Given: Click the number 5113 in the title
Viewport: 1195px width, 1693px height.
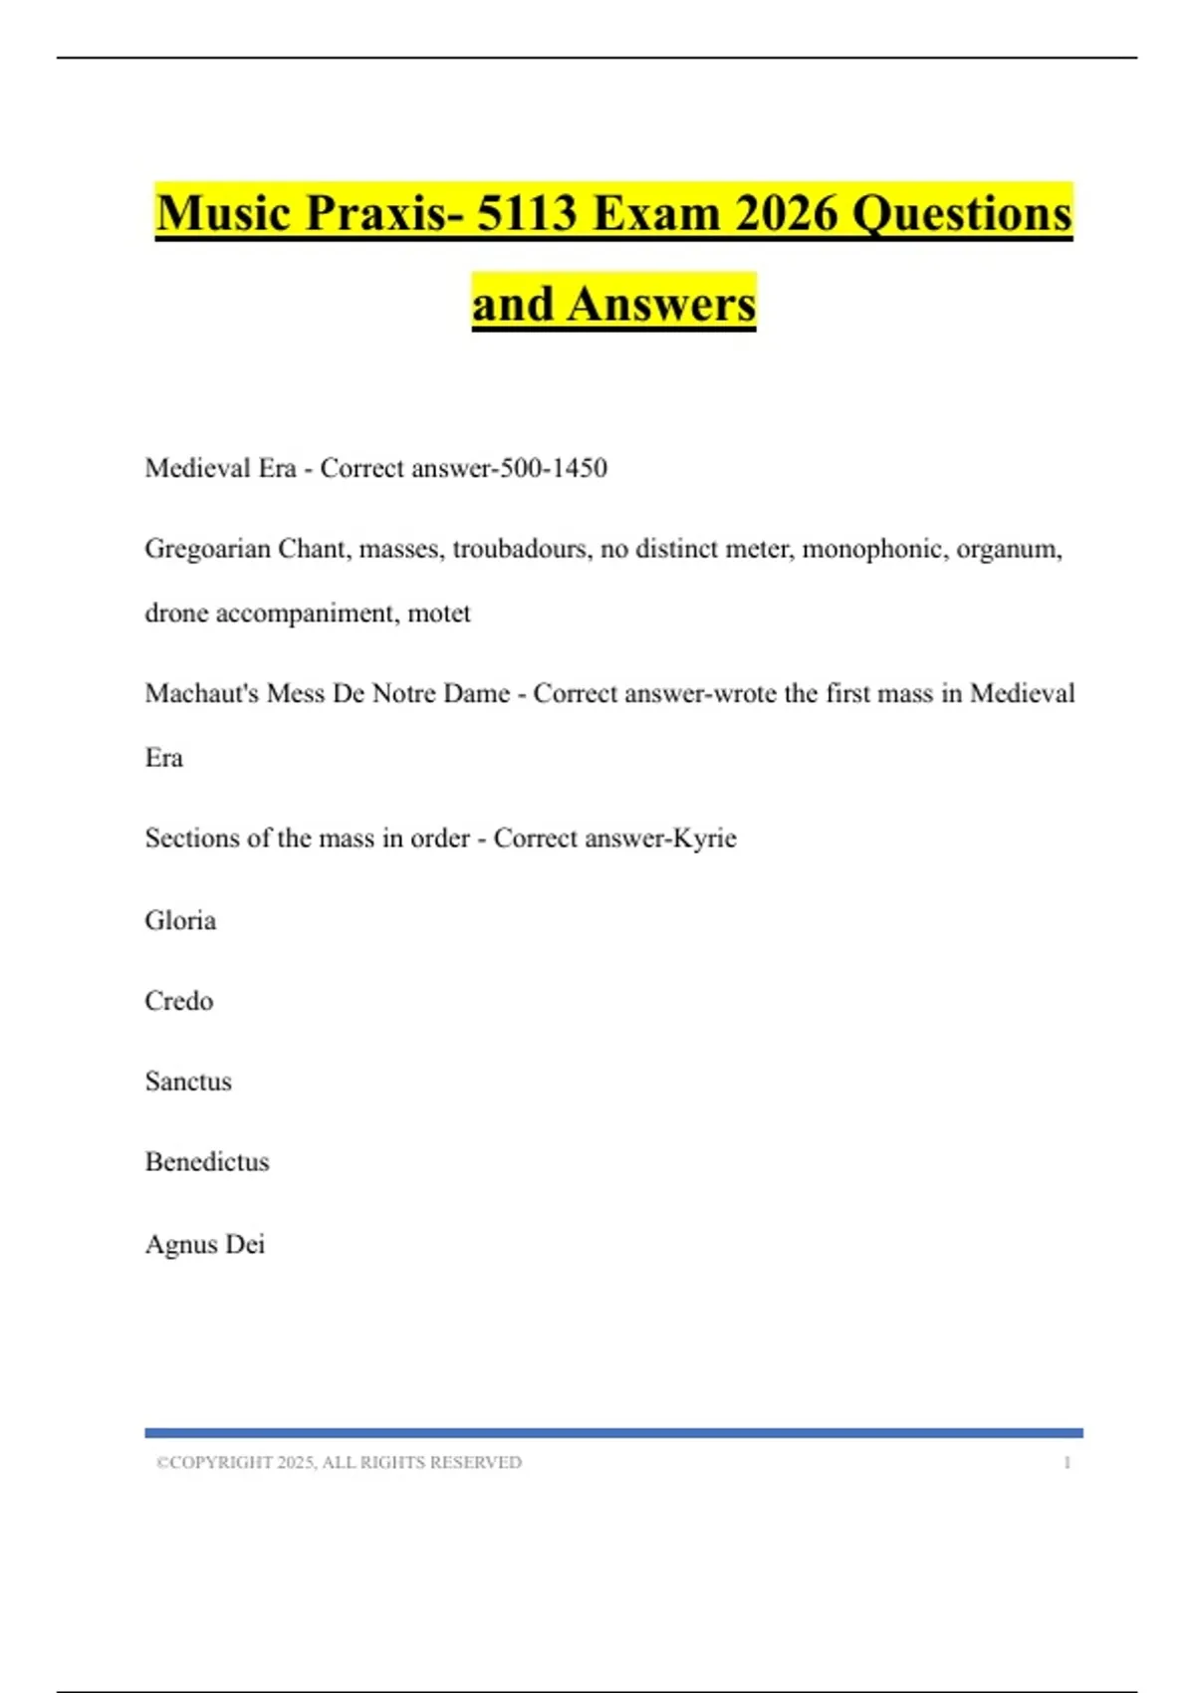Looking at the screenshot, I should coord(527,213).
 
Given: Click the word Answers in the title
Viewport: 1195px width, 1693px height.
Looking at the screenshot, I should coord(661,304).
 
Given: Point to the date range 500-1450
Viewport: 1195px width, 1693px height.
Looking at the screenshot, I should coord(554,468).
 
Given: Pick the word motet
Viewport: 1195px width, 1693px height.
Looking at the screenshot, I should coord(439,613).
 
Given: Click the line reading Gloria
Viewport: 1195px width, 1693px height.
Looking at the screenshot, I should coord(180,920).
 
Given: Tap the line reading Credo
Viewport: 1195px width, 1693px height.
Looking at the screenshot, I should coord(179,1001).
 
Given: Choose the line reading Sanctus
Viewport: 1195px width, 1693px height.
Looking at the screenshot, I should coord(188,1082).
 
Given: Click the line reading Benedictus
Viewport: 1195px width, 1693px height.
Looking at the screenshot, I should coord(207,1162).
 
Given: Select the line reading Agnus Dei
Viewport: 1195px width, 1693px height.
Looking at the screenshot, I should coord(205,1245).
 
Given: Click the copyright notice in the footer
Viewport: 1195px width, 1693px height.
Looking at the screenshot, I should coord(339,1463).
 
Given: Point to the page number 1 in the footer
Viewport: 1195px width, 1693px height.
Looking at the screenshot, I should coord(1067,1463).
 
